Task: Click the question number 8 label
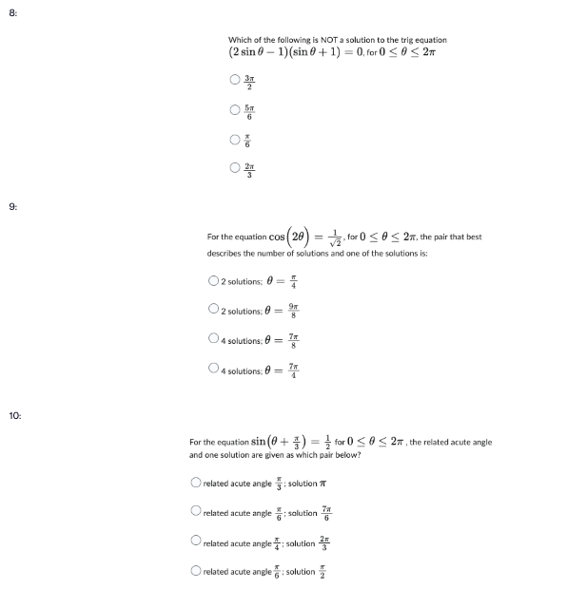(x=12, y=12)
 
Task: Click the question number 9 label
(x=12, y=205)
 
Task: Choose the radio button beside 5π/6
(x=233, y=110)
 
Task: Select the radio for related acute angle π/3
(x=196, y=483)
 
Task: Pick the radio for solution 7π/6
(x=196, y=511)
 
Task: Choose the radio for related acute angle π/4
(x=196, y=541)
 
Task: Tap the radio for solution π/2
(x=196, y=570)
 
